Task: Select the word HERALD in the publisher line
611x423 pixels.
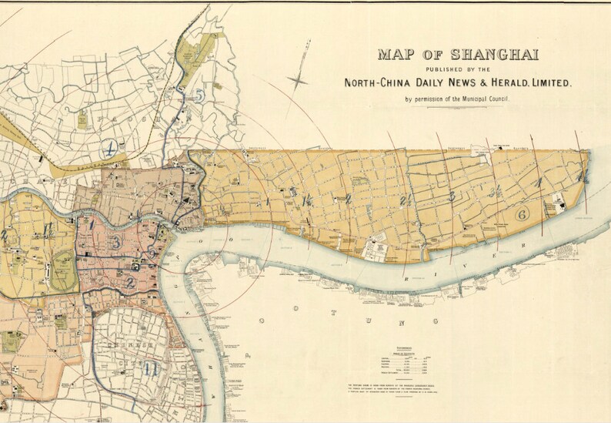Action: click(492, 82)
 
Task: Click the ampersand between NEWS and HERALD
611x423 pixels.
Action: click(462, 82)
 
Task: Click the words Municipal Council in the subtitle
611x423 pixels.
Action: click(486, 99)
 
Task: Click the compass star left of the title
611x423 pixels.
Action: click(299, 79)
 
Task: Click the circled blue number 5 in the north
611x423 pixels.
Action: click(199, 96)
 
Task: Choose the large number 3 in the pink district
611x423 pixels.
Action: click(115, 243)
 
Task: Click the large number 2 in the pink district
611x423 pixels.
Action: click(131, 282)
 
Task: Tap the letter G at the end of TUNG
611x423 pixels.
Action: click(436, 320)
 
